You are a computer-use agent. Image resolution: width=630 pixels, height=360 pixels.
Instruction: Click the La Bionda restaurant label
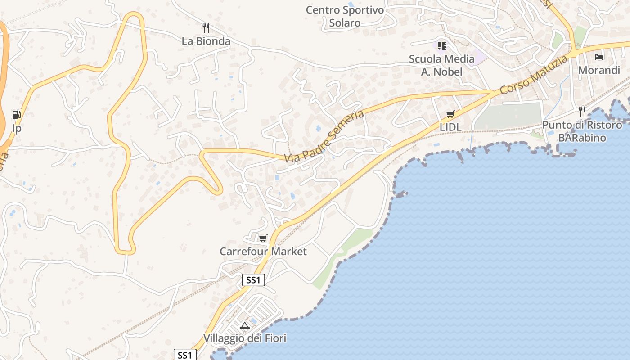coord(206,41)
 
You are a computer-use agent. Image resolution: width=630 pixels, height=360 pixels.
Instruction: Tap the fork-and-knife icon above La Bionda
coord(206,28)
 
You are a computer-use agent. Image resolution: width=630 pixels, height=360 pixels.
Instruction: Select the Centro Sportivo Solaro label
coord(345,16)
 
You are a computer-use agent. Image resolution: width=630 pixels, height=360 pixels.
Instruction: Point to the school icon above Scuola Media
coord(442,45)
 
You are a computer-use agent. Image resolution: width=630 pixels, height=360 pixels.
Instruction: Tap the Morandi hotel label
coord(599,70)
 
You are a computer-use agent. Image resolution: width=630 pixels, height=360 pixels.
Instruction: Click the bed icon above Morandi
coord(599,57)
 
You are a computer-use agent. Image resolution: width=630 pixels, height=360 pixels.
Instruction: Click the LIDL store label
coord(450,127)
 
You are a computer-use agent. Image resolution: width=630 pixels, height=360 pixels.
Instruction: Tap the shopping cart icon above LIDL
coord(450,114)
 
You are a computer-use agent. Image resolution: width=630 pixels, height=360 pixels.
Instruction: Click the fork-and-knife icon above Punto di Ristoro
coord(583,111)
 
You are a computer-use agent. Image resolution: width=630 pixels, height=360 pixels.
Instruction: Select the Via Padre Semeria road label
coord(324,136)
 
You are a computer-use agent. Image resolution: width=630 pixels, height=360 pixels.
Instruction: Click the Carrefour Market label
coord(263,252)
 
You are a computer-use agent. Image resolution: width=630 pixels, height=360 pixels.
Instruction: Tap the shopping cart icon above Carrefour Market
coord(263,238)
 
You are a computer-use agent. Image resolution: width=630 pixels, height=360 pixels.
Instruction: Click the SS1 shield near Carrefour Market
coord(253,280)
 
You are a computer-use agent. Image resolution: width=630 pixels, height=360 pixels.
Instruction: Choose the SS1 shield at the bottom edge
coord(185,355)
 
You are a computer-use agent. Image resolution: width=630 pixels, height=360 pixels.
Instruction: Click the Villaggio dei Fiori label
coord(245,338)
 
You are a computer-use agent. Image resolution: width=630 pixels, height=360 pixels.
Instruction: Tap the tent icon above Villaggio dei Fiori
coord(245,325)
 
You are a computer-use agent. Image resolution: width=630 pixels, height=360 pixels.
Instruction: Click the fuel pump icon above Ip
coord(17,115)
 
